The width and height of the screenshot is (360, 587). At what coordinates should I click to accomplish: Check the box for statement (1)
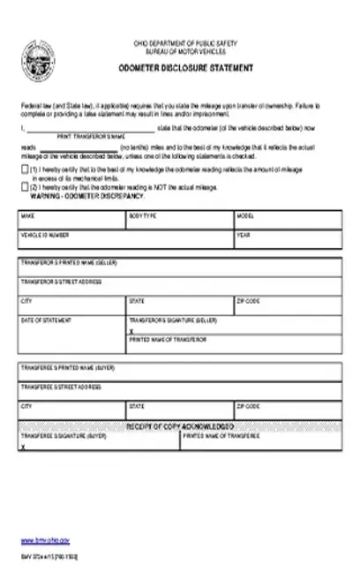tap(23, 169)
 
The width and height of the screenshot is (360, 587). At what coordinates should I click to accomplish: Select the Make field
tap(71, 222)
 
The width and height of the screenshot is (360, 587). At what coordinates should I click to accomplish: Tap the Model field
tap(288, 222)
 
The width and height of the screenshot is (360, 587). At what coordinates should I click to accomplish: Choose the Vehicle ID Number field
tap(124, 241)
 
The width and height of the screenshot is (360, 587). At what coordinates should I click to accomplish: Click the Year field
tap(288, 241)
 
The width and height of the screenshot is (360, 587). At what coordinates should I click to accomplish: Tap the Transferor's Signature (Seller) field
tap(235, 326)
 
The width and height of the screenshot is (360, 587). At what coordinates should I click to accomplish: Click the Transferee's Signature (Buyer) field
tap(98, 444)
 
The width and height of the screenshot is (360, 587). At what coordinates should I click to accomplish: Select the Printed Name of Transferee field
tap(261, 444)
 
